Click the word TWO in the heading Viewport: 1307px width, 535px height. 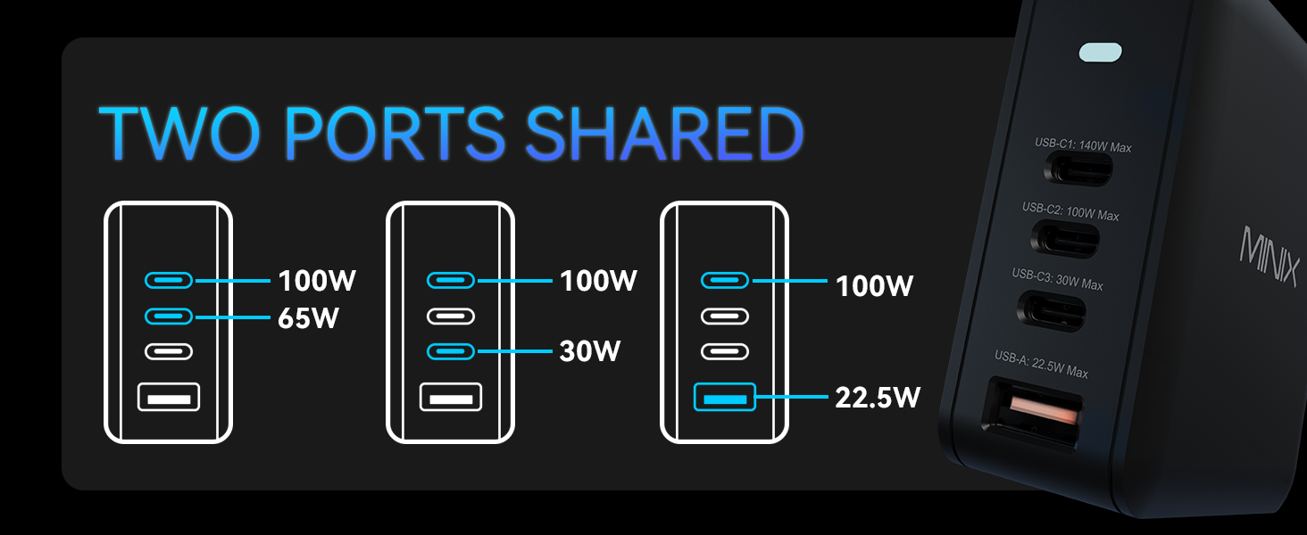(x=179, y=134)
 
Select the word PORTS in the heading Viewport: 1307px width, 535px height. (x=395, y=134)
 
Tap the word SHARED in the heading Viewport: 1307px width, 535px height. (x=665, y=134)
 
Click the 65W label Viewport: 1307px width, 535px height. (x=308, y=318)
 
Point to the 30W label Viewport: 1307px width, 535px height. (x=590, y=350)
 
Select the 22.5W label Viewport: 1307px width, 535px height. (x=878, y=398)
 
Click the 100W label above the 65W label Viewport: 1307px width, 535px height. (x=317, y=281)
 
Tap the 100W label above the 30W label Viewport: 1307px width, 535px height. (x=599, y=281)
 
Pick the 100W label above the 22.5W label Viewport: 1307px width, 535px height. (x=874, y=286)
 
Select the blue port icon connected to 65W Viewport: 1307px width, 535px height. (x=169, y=317)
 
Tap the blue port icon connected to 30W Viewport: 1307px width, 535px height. (x=451, y=351)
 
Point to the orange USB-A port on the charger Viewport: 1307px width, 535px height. (x=1044, y=411)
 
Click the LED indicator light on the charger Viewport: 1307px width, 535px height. (x=1101, y=53)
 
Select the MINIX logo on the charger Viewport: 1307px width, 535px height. (x=1270, y=255)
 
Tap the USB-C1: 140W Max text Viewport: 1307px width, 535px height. (x=1083, y=145)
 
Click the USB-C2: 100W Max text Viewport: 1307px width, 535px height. (x=1070, y=211)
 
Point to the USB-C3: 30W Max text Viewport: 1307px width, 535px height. (x=1057, y=279)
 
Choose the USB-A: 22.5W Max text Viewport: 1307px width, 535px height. (x=1041, y=364)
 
